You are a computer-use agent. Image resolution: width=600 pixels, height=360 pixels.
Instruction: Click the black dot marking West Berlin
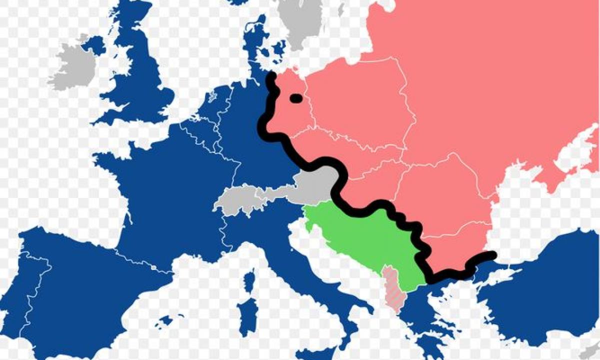coord(296,98)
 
